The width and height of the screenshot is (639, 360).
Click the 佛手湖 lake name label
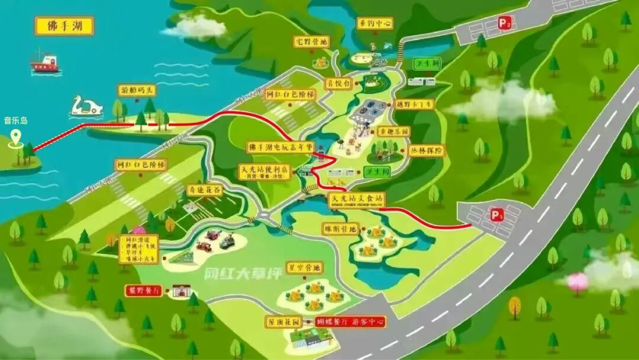coord(64,26)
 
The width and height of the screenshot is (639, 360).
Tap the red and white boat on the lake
coord(46,63)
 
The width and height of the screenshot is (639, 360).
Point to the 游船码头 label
coord(137,91)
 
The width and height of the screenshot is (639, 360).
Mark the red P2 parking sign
coord(504,23)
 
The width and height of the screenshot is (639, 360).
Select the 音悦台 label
coord(339,83)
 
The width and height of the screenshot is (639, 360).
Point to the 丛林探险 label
coord(426,150)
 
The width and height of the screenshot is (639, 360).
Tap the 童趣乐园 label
coord(394,131)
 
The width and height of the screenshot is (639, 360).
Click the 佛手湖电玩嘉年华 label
coord(279,147)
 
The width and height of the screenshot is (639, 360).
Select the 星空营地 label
coord(305,268)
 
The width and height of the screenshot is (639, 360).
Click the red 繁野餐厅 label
coord(144,291)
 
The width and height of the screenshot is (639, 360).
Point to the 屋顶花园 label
coord(285,322)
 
